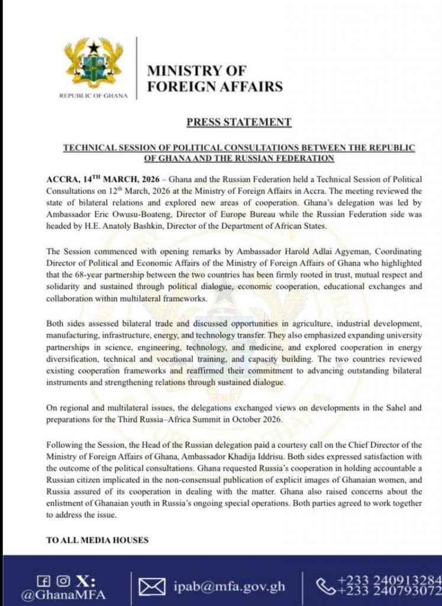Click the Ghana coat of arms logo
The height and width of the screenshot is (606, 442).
(x=94, y=63)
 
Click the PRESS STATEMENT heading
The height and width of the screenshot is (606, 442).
(x=239, y=123)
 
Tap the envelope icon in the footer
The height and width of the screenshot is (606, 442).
(x=151, y=587)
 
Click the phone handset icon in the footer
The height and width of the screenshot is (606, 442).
(x=325, y=585)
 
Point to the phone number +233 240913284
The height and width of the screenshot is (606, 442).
(x=389, y=578)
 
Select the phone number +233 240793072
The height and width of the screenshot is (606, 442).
(x=389, y=591)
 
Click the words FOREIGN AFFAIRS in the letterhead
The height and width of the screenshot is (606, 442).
(x=214, y=86)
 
